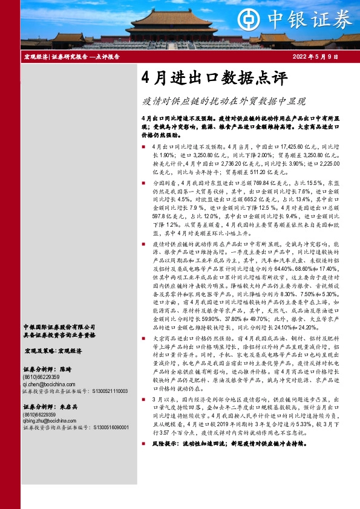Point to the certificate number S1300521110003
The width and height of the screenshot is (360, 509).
(x=110, y=391)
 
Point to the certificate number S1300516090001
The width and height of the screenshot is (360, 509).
(x=110, y=428)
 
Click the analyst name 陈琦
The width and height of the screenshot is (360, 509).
(x=65, y=369)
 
